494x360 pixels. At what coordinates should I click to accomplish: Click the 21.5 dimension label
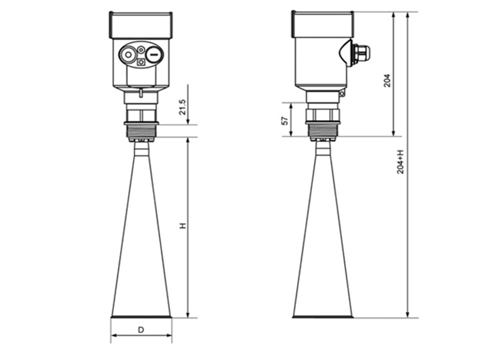point(183,107)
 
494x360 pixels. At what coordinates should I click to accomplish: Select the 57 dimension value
point(285,121)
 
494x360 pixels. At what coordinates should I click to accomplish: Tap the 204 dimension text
point(387,81)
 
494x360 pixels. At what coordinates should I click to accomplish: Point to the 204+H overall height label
point(400,162)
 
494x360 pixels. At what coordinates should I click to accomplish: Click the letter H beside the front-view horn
point(183,226)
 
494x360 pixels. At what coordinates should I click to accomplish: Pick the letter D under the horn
point(141,330)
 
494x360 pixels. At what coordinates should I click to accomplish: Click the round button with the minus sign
point(154,54)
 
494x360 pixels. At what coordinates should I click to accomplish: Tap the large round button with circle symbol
point(128,55)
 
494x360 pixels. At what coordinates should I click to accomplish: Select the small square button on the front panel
point(141,62)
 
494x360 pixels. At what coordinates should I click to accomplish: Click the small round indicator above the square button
point(141,49)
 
